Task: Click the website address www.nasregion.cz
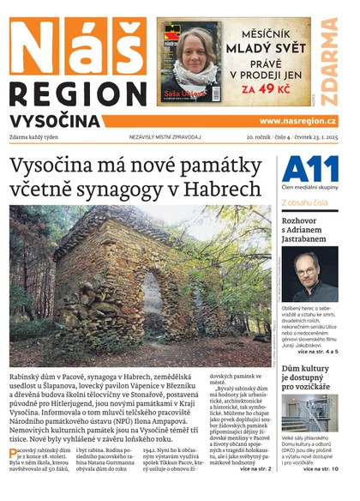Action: pyautogui.click(x=297, y=121)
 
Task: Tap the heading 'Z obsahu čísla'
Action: pyautogui.click(x=304, y=203)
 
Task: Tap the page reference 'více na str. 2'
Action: pyautogui.click(x=255, y=468)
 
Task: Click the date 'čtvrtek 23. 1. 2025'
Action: pyautogui.click(x=312, y=137)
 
